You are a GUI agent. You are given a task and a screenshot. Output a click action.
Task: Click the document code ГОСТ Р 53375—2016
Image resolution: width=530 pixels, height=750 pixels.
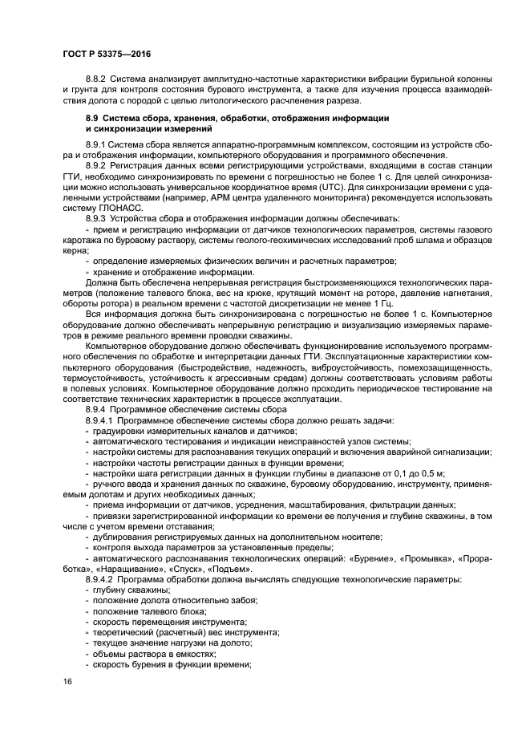[106, 53]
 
